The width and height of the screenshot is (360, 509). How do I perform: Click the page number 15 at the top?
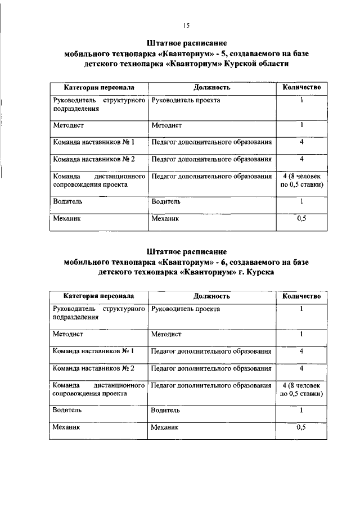click(187, 25)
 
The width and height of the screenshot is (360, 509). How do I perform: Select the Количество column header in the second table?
click(301, 296)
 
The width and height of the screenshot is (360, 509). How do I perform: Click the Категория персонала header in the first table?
click(98, 88)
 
